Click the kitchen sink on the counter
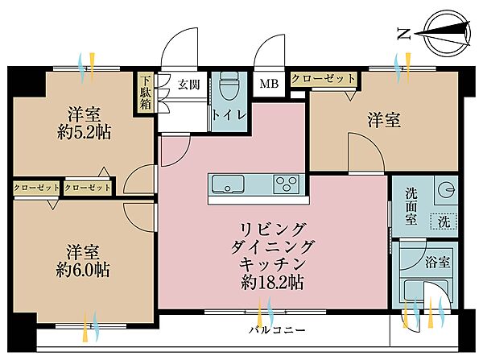(x=228, y=184)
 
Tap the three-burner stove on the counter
(x=287, y=184)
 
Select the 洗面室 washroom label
(x=411, y=206)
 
